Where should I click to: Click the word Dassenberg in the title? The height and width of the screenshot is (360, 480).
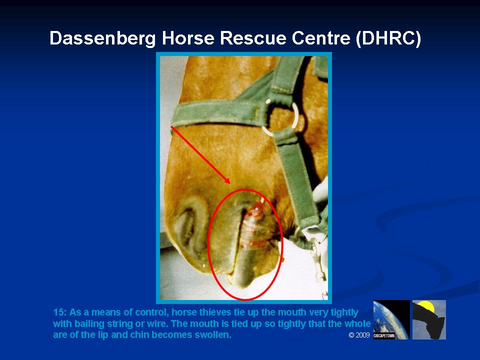(102, 39)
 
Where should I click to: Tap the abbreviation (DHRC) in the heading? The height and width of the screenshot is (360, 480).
(388, 39)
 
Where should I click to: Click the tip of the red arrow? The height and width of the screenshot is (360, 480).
(230, 183)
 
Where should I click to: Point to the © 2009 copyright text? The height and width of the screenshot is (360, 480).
(359, 335)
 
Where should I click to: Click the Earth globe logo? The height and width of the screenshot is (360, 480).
(391, 319)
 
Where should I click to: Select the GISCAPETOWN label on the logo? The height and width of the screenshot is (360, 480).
(384, 336)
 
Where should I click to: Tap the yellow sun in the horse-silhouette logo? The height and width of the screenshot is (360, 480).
(425, 306)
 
